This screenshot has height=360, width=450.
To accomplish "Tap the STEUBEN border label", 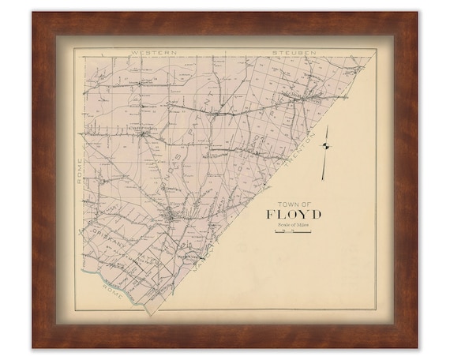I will click(294, 52).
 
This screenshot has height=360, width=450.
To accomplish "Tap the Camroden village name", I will click(144, 126).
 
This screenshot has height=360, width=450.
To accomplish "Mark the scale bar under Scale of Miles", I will click(291, 232).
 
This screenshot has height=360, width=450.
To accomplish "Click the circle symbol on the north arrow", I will click(324, 144).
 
